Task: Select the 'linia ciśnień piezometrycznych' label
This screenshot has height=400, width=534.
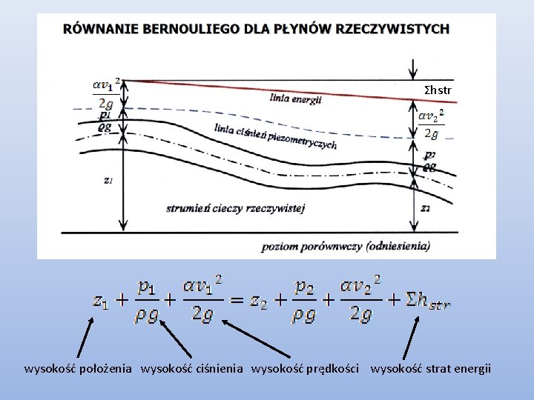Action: tap(274, 136)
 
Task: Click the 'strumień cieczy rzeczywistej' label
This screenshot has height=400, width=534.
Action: tap(236, 208)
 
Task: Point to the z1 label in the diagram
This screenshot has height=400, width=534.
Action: tap(108, 180)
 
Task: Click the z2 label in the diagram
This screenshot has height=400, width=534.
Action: tap(425, 209)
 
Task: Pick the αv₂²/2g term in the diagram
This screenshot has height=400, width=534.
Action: tap(430, 124)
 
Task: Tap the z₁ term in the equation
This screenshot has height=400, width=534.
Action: tap(102, 300)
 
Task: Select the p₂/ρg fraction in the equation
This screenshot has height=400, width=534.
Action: tap(304, 300)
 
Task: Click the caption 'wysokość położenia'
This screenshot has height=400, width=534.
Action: tap(79, 368)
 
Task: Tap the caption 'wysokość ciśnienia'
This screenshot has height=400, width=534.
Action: tap(192, 368)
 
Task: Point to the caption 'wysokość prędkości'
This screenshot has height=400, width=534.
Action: tap(306, 368)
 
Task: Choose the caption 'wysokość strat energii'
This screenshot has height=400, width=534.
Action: tap(431, 368)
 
